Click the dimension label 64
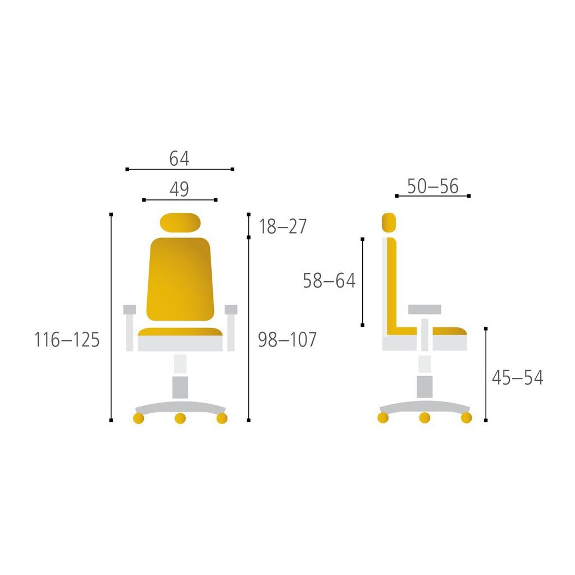click(179, 158)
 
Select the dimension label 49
click(179, 189)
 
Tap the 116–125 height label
click(67, 340)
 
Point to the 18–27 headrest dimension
click(283, 226)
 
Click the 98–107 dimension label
click(287, 340)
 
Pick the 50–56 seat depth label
click(433, 186)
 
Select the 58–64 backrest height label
click(329, 281)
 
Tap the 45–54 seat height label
click(517, 377)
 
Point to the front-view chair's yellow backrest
click(180, 279)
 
